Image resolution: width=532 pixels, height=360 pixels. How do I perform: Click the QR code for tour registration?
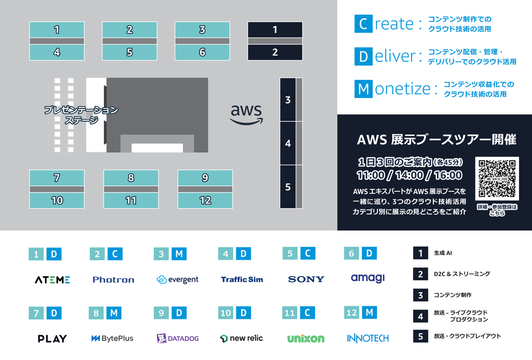pyautogui.click(x=497, y=179)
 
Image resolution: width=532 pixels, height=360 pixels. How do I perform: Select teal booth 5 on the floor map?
pyautogui.click(x=129, y=53)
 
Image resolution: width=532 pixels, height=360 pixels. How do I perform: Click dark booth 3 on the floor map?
pyautogui.click(x=288, y=100)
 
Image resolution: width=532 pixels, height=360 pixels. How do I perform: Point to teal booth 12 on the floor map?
pyautogui.click(x=205, y=200)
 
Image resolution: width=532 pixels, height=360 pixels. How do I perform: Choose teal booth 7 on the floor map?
pyautogui.click(x=57, y=178)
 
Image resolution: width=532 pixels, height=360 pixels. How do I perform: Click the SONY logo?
pyautogui.click(x=306, y=280)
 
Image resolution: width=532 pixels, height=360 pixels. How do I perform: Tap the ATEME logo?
pyautogui.click(x=53, y=280)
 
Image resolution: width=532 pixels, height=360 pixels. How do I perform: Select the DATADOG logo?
pyautogui.click(x=178, y=339)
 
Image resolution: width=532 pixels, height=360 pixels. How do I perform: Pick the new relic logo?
pyautogui.click(x=242, y=339)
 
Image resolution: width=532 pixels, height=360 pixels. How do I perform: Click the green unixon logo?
pyautogui.click(x=306, y=339)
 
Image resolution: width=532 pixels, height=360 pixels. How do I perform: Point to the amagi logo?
pyautogui.click(x=368, y=278)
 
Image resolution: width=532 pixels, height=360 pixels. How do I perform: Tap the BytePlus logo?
pyautogui.click(x=113, y=339)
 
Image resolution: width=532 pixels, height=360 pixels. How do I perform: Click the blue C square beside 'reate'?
pyautogui.click(x=363, y=24)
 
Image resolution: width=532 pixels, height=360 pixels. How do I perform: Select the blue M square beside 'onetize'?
pyautogui.click(x=363, y=89)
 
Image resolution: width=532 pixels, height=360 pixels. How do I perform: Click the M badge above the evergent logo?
pyautogui.click(x=179, y=254)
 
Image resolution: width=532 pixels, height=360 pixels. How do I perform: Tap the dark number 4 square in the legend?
pyautogui.click(x=420, y=316)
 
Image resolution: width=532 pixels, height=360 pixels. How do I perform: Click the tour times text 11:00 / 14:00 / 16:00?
pyautogui.click(x=409, y=175)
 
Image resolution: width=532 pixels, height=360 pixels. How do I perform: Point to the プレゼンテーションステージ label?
pyautogui.click(x=81, y=115)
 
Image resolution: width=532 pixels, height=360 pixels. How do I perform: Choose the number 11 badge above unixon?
pyautogui.click(x=289, y=313)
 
